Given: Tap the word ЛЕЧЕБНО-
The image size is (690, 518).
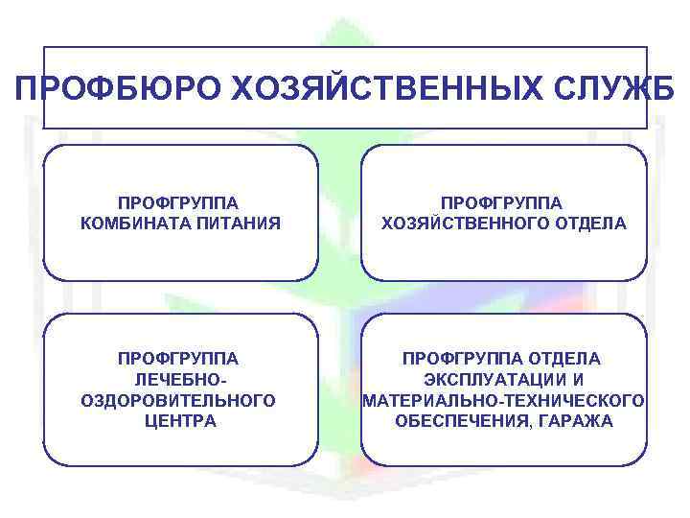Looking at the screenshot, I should [178, 379].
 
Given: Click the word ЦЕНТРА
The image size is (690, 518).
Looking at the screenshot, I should [178, 421].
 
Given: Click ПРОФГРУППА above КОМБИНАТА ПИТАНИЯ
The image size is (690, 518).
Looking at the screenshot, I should [178, 202].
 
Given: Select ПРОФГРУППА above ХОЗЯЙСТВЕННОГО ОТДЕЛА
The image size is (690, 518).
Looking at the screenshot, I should [502, 202].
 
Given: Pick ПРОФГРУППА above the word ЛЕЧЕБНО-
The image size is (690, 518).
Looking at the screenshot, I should [178, 358].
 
